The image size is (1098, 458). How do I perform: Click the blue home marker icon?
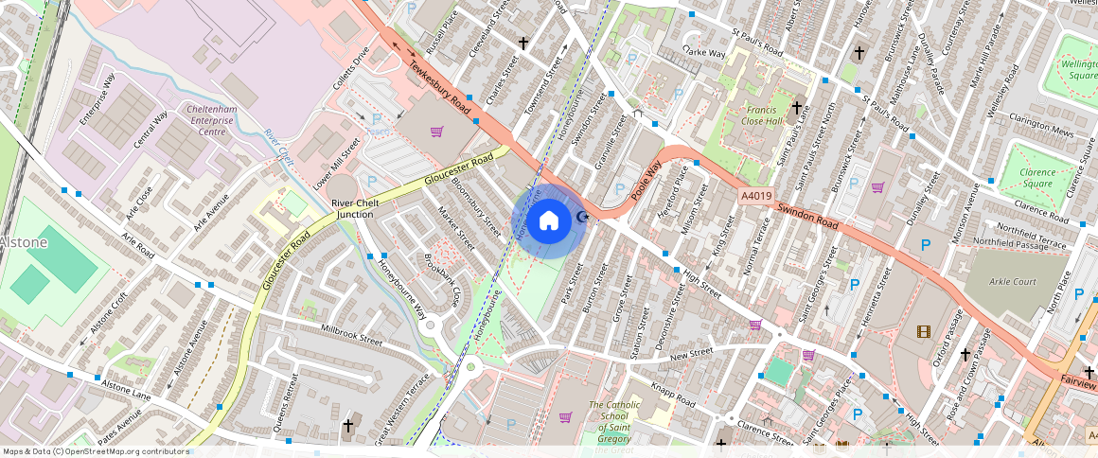[548, 221]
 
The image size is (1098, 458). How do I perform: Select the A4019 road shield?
[754, 195]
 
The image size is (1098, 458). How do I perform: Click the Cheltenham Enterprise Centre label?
[192, 120]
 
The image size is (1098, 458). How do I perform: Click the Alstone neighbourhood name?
[24, 242]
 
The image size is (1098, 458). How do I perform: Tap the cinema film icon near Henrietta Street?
[923, 331]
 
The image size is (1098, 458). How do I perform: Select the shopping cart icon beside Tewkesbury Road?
[436, 132]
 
